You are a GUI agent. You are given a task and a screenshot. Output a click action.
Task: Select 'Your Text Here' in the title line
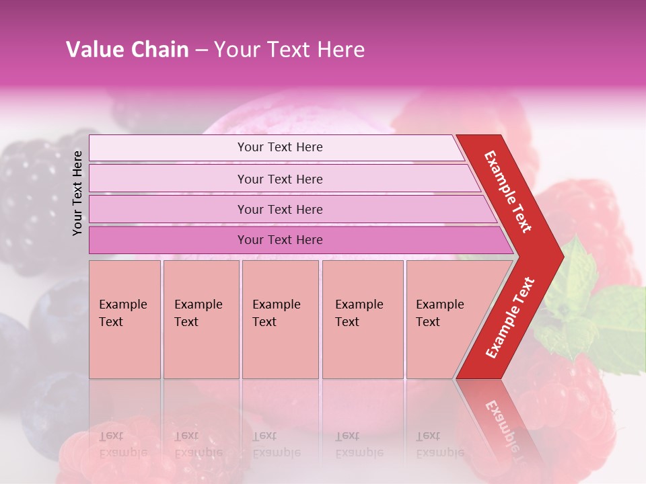tap(289, 50)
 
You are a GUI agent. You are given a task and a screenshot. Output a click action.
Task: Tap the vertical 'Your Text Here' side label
tap(77, 193)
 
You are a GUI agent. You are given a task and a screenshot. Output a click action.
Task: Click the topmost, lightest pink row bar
tap(279, 147)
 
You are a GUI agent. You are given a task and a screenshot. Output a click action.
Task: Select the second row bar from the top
tap(279, 179)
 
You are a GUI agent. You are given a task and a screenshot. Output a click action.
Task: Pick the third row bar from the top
tap(279, 209)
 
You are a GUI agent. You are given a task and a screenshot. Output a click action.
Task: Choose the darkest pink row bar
tap(279, 240)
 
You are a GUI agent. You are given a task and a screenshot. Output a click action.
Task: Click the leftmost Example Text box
tap(124, 319)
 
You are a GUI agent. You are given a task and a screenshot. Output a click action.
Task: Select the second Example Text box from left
tap(201, 319)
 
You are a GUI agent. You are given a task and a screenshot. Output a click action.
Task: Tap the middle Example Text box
tap(280, 319)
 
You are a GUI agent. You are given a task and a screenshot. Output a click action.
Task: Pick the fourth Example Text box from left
tap(363, 319)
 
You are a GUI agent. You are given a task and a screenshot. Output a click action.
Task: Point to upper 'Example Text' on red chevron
tap(508, 192)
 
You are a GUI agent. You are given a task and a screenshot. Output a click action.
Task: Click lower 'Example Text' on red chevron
tap(509, 318)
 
